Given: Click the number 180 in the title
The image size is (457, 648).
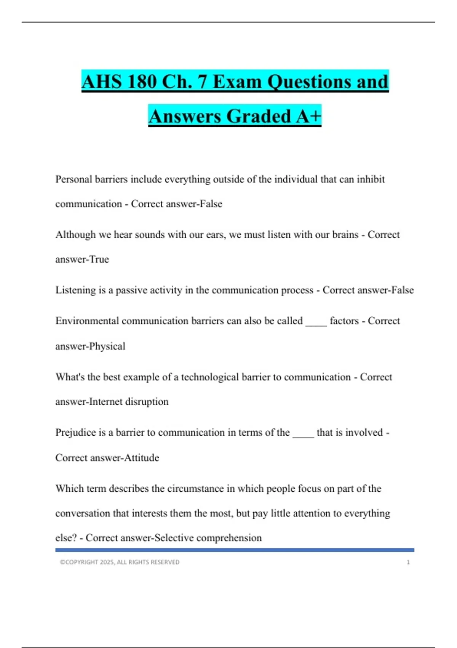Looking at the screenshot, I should pos(141,82).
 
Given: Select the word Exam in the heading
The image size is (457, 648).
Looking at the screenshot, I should pos(237,82).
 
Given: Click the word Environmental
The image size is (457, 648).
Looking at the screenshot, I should pos(87,321).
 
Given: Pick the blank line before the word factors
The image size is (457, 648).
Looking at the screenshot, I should pos(316,324).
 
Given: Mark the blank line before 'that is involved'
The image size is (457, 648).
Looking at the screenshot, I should pos(303,436).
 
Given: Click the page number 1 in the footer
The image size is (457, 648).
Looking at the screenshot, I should pos(408,562).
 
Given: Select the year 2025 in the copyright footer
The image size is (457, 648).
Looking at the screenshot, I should pos(107,562).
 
